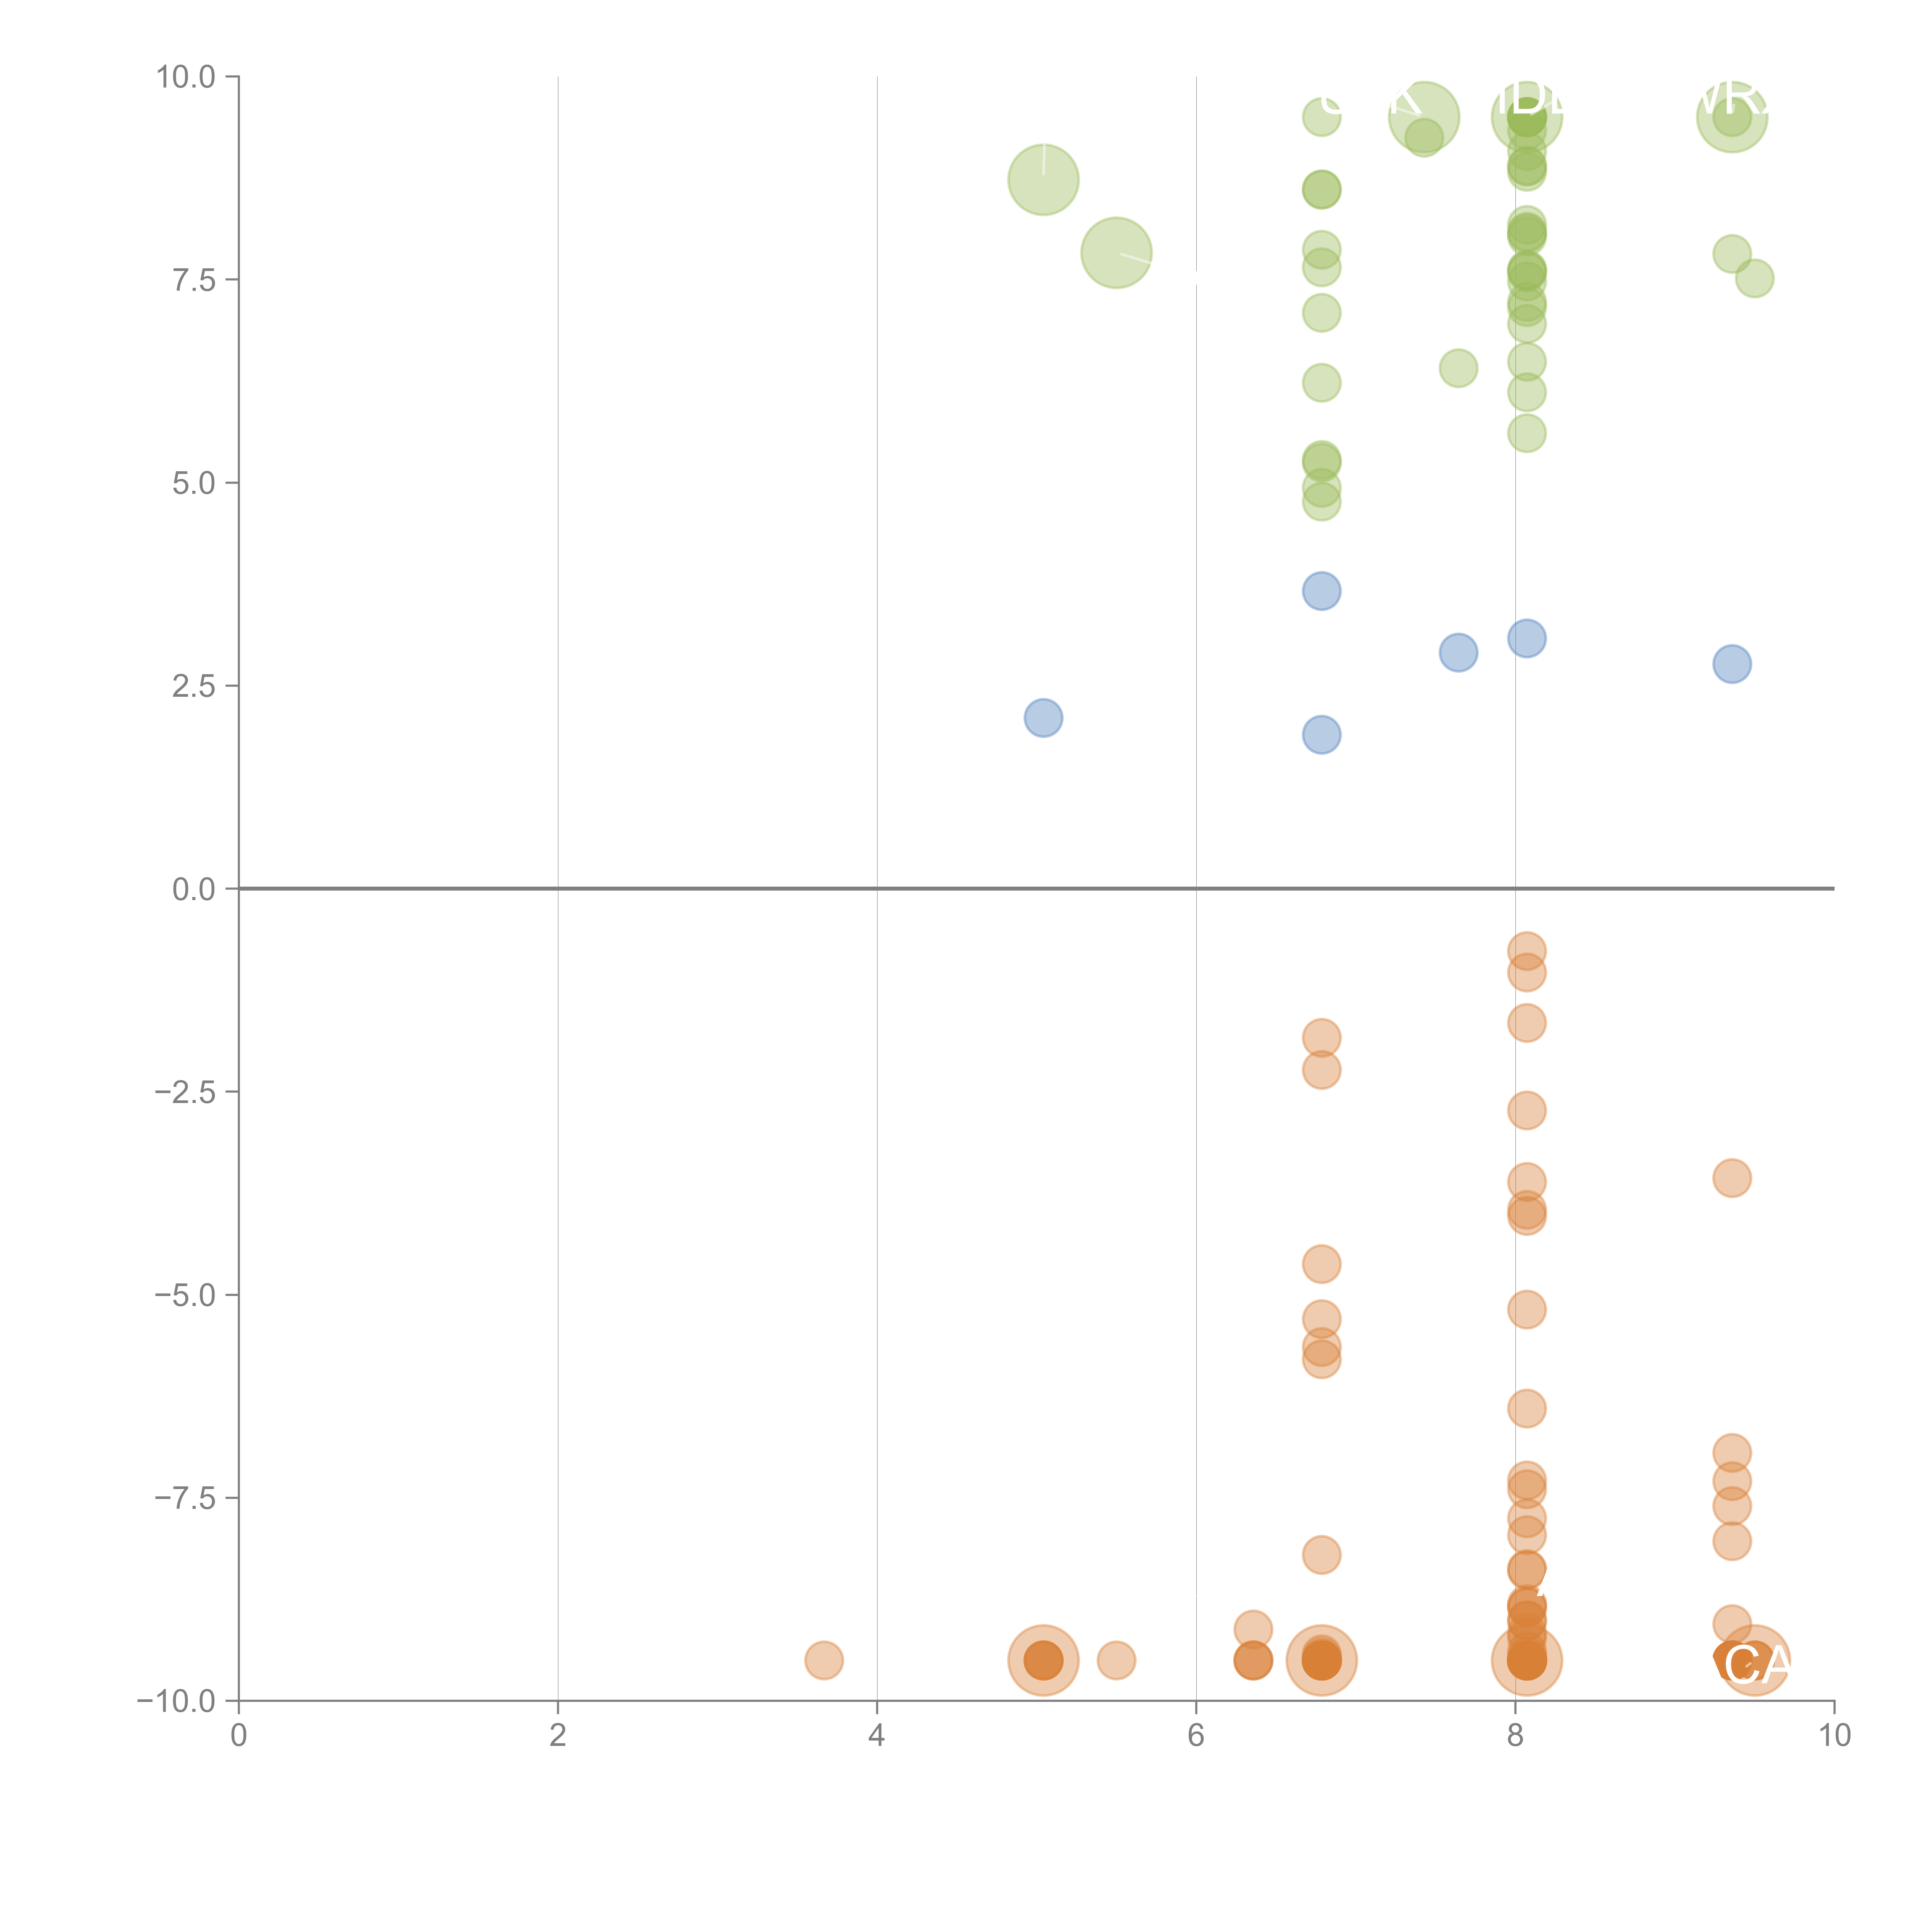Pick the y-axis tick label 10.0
tap(186, 77)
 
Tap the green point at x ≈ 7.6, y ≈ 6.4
tap(1458, 368)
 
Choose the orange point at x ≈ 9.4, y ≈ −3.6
tap(1731, 1178)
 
